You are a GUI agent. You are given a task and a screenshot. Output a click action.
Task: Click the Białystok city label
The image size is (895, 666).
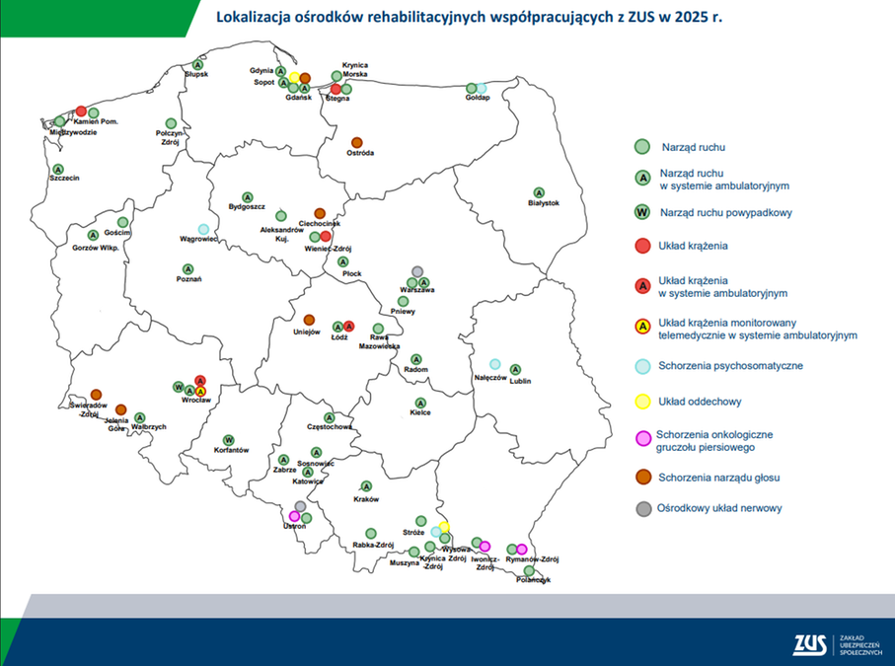point(544,203)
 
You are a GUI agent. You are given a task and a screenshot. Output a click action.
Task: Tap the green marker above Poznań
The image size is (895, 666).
point(187,267)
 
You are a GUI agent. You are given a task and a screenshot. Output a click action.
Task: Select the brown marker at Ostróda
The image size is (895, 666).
point(356,142)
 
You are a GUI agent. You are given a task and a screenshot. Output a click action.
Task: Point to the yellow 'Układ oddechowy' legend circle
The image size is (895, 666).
point(641,401)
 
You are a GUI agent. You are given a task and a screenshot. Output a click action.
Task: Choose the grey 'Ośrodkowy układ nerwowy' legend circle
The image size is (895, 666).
point(641,509)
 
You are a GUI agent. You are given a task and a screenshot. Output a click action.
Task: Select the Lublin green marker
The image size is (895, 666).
point(515,368)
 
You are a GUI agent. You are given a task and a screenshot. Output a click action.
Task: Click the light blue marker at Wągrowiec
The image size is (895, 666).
point(203,229)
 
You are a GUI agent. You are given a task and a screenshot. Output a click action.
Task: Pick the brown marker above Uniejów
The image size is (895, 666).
point(309,320)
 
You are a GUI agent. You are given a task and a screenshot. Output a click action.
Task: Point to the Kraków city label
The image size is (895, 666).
point(366,498)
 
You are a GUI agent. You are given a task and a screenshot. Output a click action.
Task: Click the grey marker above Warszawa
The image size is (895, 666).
point(417,271)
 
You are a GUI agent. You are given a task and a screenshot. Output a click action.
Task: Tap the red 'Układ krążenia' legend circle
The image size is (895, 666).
point(641,245)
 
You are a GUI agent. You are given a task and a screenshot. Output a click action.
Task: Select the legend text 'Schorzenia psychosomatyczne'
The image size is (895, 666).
point(730,365)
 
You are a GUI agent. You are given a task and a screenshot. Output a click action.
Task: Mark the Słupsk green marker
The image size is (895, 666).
point(197,64)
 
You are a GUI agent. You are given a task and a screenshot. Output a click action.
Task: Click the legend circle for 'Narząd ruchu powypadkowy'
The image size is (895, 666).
point(641,212)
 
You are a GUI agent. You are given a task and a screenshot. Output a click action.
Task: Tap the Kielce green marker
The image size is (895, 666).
point(421,403)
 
